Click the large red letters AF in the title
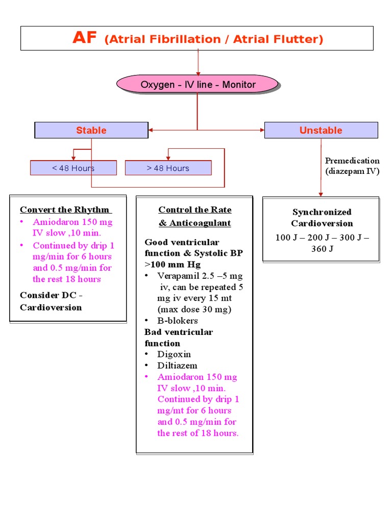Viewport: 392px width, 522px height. pos(84,38)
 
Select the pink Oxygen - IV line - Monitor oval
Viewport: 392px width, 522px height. pos(198,85)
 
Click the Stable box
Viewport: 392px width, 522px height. pos(91,130)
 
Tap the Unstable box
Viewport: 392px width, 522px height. pos(321,130)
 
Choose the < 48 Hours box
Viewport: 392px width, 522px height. pos(73,168)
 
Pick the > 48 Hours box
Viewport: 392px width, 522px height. pos(168,168)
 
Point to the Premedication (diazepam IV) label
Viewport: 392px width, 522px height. pos(352,166)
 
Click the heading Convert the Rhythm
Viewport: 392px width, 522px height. pos(65,210)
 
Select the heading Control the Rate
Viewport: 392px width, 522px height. pos(194,210)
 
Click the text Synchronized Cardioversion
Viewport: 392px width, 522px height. pos(322,218)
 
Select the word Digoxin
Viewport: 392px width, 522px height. pos(174,354)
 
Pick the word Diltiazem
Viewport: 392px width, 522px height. pos(177,366)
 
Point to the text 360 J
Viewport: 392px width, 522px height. pos(322,249)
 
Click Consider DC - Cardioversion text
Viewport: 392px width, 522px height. pos(51,301)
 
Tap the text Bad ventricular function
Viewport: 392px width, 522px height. pos(179,337)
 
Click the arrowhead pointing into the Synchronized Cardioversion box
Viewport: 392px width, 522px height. pos(321,194)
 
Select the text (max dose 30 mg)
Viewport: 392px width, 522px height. pos(194,309)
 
